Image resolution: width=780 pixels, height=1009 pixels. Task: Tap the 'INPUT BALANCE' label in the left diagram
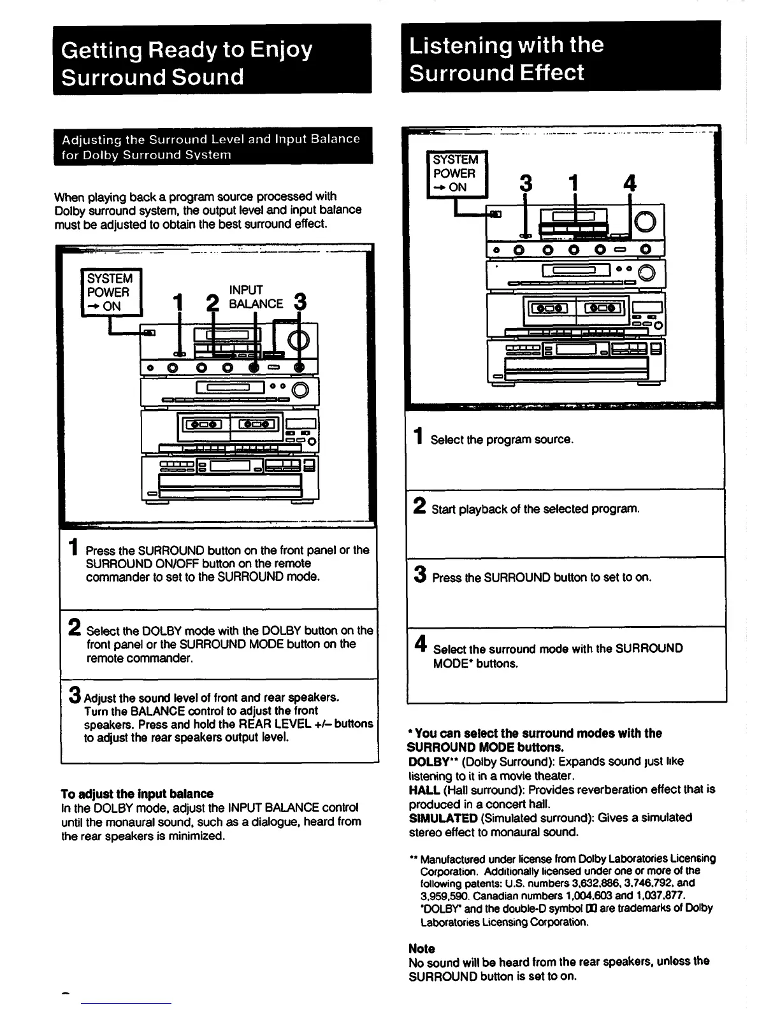tap(256, 297)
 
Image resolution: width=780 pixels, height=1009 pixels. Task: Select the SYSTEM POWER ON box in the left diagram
tap(110, 292)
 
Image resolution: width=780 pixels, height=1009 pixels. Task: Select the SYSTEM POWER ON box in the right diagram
tap(456, 173)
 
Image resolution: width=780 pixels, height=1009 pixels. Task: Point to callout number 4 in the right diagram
tap(630, 183)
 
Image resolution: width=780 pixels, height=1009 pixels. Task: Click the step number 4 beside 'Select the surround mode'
tap(420, 645)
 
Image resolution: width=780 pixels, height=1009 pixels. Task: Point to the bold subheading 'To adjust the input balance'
tap(137, 794)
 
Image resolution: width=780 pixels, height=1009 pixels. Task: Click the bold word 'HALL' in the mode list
tap(424, 790)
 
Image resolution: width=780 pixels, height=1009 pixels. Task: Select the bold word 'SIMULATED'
tap(443, 818)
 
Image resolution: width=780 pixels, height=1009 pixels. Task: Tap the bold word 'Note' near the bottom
tap(422, 948)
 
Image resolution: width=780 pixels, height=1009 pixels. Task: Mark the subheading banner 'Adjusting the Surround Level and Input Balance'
tap(213, 147)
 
